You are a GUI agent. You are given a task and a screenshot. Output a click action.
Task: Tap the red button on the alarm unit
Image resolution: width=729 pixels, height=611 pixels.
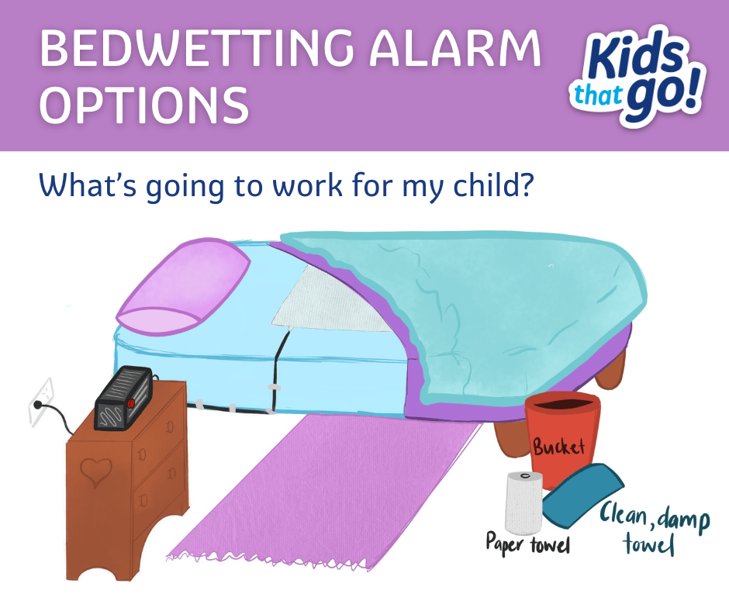pyautogui.click(x=131, y=403)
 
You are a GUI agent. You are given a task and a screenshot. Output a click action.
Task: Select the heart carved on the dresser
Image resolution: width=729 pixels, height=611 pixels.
pyautogui.click(x=96, y=472)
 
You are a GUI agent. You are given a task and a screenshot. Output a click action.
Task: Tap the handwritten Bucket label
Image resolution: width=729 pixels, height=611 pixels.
pyautogui.click(x=558, y=447)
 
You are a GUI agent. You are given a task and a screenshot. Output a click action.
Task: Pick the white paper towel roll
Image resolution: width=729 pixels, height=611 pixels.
pyautogui.click(x=523, y=499)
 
